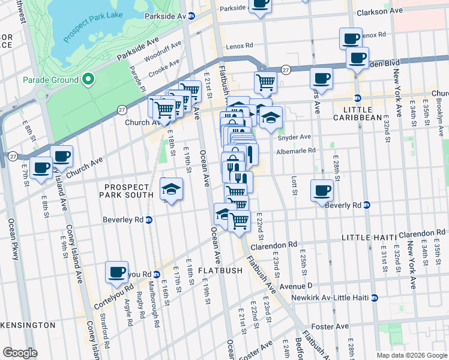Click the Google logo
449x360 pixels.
pos(20,353)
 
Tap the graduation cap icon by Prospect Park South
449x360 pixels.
pos(172,189)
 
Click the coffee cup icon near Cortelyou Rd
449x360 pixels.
pos(116,272)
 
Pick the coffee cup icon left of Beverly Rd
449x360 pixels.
pos(322,190)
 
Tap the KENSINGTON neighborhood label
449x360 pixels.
pos(28,325)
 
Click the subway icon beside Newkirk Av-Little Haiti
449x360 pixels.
pos(375,298)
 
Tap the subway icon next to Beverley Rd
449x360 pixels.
pos(148,220)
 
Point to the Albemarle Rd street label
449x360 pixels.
pos(295,151)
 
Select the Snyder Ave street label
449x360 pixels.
pos(294,137)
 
